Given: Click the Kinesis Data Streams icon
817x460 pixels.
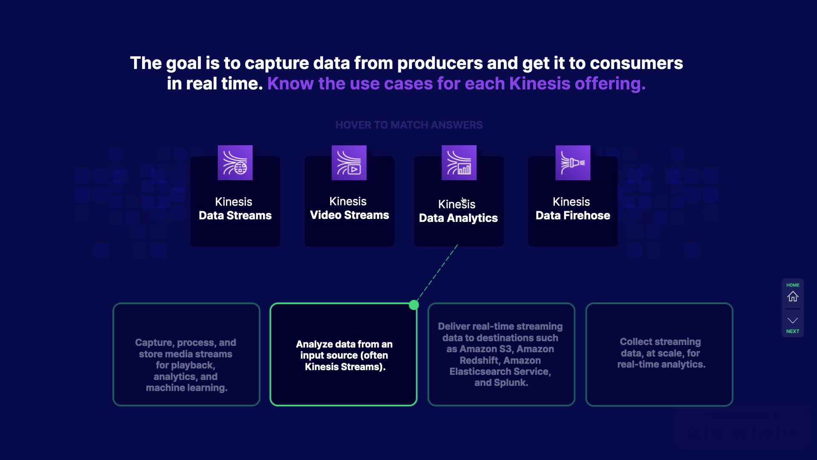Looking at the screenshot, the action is (235, 163).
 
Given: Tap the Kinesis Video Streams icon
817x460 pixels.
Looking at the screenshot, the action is (349, 163).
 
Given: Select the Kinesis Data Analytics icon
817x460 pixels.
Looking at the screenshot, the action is (459, 163).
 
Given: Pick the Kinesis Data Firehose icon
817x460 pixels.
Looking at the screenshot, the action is (572, 163).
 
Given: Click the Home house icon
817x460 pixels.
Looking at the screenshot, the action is (792, 296).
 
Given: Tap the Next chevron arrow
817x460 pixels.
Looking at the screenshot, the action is (792, 321).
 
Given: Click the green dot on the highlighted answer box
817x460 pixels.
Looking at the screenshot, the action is (414, 305).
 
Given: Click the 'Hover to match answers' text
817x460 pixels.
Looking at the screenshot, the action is (408, 125).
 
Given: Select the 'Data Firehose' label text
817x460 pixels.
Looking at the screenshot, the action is (572, 216).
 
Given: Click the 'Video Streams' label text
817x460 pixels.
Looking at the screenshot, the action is (349, 215).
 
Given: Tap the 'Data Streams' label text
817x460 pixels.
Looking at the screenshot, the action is (235, 216).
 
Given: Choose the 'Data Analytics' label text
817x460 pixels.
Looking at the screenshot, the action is (458, 218).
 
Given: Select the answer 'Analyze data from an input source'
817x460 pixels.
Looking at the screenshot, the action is (344, 355).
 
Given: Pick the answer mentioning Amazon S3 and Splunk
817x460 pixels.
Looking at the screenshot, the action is (501, 354).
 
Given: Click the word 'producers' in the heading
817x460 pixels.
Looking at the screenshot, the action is (440, 63).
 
